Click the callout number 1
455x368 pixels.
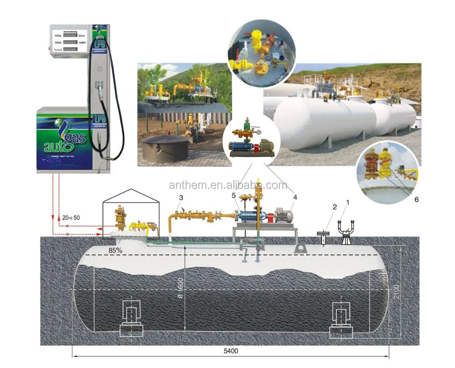pos(348,202)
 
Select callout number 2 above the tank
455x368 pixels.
pos(334,207)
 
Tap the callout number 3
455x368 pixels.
pos(181,197)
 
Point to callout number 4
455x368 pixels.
pos(295,197)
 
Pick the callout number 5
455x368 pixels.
pos(234,195)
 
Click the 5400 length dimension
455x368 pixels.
pos(231,351)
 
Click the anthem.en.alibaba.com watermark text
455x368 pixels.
pos(227,185)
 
